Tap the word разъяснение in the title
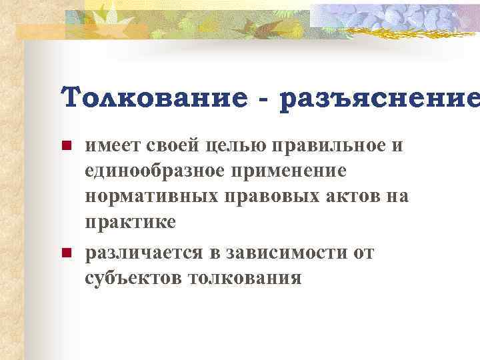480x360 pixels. [379, 99]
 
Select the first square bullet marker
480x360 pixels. [65, 146]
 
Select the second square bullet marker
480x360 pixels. [65, 253]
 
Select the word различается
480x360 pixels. [144, 253]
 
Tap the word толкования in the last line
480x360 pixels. [246, 277]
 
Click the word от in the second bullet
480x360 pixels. [362, 253]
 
